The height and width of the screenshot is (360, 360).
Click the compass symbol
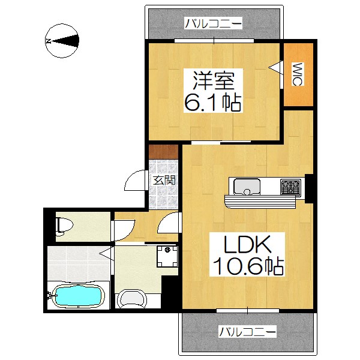63,41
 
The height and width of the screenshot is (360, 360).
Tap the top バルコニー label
213,23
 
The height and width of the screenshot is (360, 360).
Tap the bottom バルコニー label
247,331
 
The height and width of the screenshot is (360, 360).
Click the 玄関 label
163,179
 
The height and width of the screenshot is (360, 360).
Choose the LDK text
240,245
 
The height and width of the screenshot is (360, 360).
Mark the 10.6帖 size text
246,265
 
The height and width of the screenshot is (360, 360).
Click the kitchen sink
245,187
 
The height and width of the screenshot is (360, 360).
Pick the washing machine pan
167,257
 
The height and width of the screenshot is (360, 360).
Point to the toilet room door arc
122,230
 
